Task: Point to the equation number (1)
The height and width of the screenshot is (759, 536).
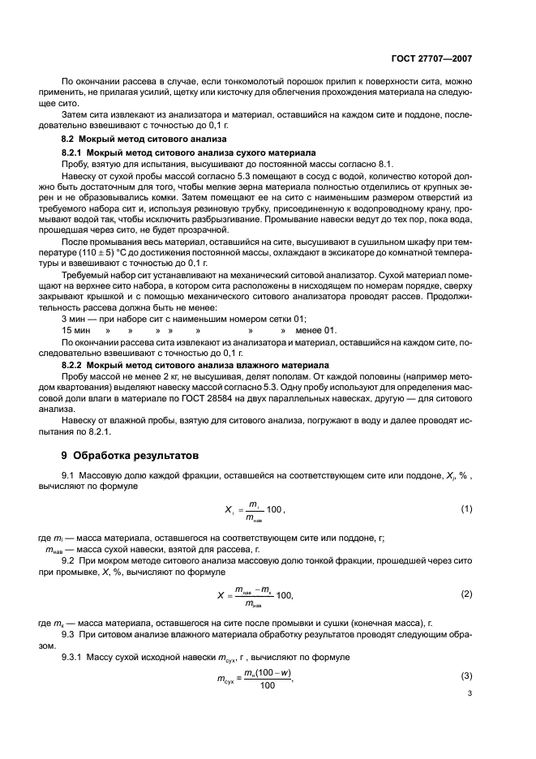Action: tap(466, 508)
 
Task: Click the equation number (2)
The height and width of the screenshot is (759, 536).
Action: tap(466, 594)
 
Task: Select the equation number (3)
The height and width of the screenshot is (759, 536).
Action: tap(466, 675)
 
